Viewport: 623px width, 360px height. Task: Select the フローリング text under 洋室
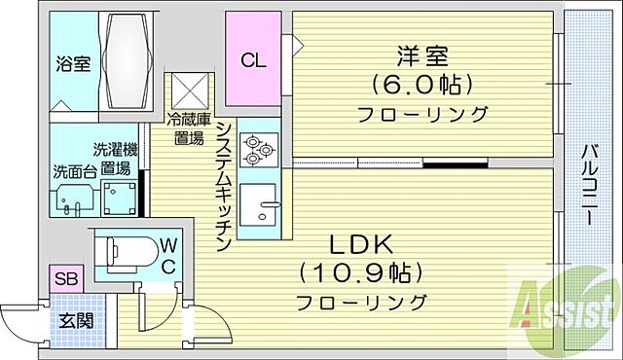[422, 115]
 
